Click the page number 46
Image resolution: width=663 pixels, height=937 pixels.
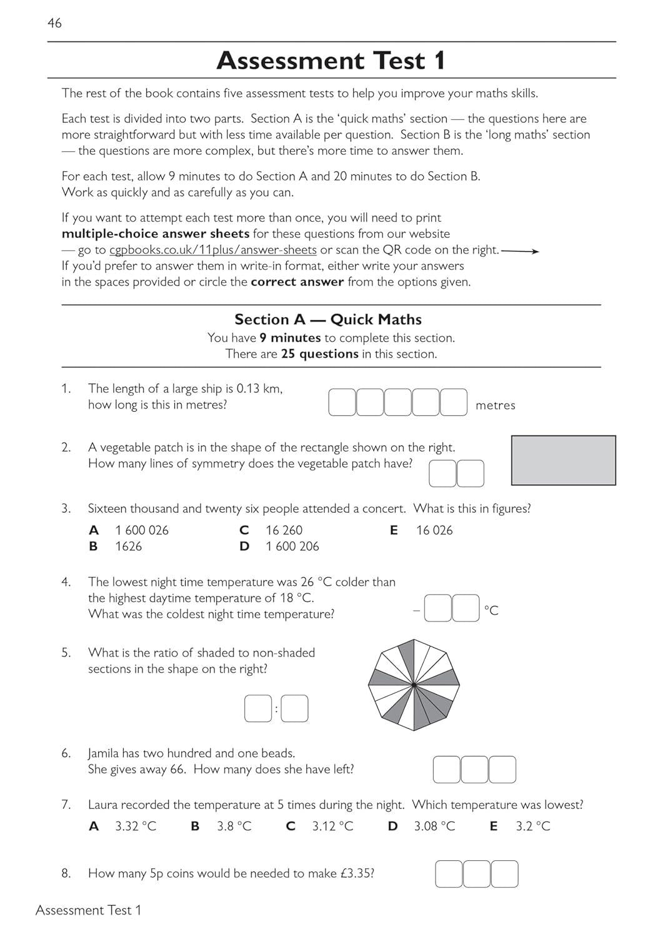coord(54,23)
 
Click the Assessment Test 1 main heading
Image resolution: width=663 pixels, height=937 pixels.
coord(331,61)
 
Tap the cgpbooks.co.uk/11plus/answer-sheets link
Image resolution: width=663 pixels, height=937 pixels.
coord(212,250)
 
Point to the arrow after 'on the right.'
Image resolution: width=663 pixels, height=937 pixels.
coord(520,251)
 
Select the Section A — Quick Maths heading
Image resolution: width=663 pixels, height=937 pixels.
coord(328,319)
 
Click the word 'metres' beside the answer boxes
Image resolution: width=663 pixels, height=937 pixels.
coord(495,405)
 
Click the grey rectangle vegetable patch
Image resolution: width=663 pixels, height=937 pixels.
coord(563,460)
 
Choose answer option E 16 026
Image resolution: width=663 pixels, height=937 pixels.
coord(434,530)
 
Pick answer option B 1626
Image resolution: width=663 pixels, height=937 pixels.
coord(128,547)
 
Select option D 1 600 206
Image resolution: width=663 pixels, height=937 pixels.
coord(292,547)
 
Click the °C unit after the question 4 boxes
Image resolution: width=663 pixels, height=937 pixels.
coord(491,610)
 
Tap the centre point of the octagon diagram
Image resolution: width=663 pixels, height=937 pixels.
coord(414,685)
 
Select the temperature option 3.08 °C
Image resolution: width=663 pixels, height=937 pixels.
coord(434,826)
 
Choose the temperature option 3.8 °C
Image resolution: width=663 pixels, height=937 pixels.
coord(234,826)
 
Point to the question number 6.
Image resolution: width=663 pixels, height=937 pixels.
coord(66,753)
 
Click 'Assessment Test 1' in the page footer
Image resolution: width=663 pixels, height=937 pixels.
coord(88,910)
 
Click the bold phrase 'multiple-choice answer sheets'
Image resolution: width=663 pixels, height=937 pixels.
coord(155,234)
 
